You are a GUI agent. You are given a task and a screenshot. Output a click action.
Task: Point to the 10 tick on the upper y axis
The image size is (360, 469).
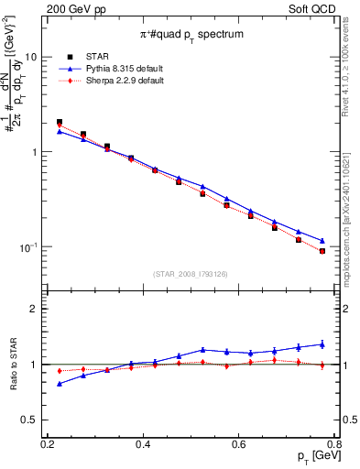(x=34, y=57)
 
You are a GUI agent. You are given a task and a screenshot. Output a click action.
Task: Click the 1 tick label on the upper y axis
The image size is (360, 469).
(x=37, y=152)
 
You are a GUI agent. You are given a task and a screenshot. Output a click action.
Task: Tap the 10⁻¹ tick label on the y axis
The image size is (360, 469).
(x=30, y=247)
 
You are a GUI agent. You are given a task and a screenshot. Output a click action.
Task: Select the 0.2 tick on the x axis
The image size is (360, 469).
(x=48, y=444)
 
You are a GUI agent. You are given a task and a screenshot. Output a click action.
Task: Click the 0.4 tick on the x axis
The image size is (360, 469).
(x=143, y=444)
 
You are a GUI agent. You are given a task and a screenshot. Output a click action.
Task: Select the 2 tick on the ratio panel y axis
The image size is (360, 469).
(x=37, y=309)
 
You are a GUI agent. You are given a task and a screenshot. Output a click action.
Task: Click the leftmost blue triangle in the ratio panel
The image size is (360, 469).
(x=60, y=384)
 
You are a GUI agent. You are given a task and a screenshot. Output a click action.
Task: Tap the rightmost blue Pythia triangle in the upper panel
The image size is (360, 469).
(x=322, y=241)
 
